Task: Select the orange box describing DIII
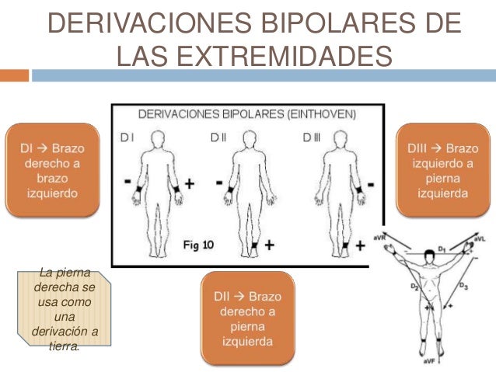443,169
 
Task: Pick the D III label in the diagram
311,137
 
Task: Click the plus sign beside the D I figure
188,184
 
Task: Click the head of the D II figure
248,137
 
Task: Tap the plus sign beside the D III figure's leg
359,245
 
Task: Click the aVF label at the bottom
429,362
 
